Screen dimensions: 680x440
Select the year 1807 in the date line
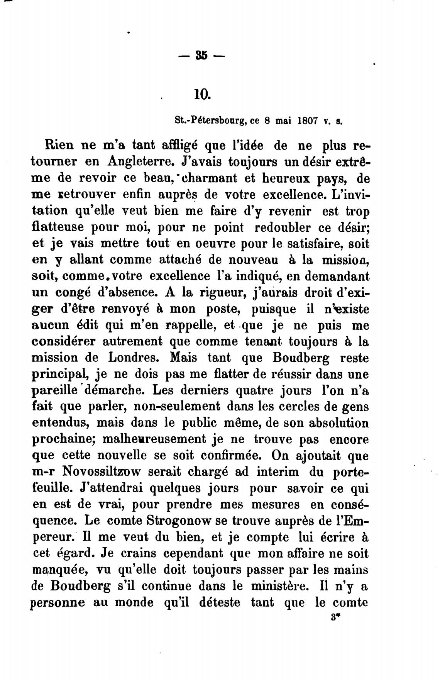(307, 120)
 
